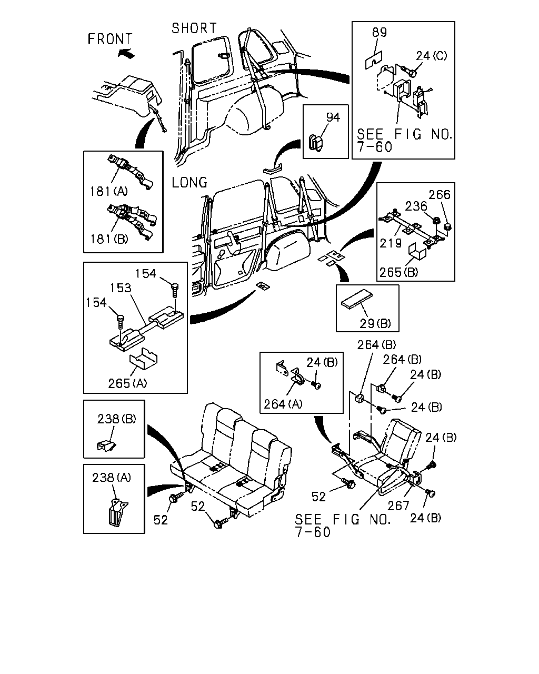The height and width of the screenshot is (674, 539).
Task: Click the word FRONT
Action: (x=110, y=39)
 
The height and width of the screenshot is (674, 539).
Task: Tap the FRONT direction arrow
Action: (x=126, y=54)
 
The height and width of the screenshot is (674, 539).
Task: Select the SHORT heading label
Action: (x=194, y=28)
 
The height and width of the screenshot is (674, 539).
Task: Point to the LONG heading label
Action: (x=189, y=183)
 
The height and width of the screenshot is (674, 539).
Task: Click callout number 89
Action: (x=380, y=32)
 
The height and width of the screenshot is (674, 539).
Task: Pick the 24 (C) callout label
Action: (x=431, y=56)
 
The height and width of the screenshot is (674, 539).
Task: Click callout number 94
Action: (x=333, y=117)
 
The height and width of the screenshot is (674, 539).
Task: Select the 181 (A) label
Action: (x=108, y=191)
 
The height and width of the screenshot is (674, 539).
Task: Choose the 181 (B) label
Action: (x=109, y=239)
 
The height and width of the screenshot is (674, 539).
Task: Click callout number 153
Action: (x=121, y=288)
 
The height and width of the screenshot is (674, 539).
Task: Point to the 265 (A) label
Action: (x=127, y=383)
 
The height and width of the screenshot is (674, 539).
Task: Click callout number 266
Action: (x=440, y=195)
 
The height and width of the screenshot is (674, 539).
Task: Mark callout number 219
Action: (x=390, y=243)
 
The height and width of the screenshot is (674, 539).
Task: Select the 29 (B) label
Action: (x=375, y=323)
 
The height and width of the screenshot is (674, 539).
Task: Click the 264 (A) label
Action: (x=283, y=404)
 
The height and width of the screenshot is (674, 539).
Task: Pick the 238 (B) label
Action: (x=116, y=419)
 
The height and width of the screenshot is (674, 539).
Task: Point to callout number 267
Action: (x=398, y=506)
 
